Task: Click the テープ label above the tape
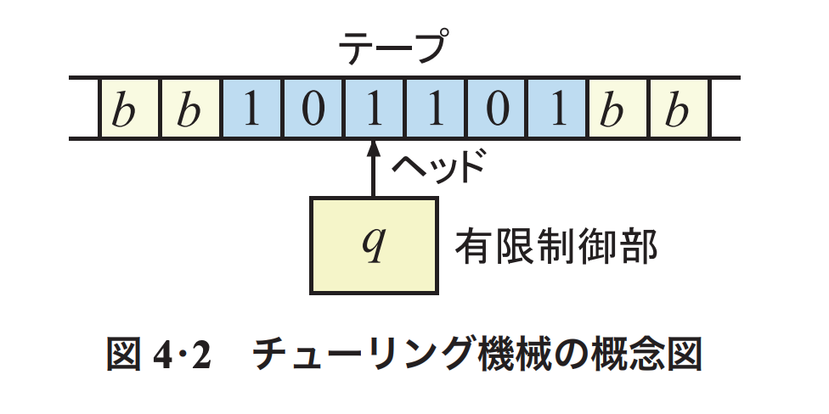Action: point(392,48)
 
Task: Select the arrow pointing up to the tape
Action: point(372,169)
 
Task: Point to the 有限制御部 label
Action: point(556,245)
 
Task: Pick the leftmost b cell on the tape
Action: point(129,109)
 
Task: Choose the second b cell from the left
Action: point(190,109)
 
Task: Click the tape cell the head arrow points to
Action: point(372,109)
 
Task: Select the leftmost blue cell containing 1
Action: point(251,109)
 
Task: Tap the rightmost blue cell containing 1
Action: point(556,109)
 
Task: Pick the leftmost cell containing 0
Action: point(312,109)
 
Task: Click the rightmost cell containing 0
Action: point(495,109)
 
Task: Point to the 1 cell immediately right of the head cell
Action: point(434,109)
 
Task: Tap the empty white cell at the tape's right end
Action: point(725,109)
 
